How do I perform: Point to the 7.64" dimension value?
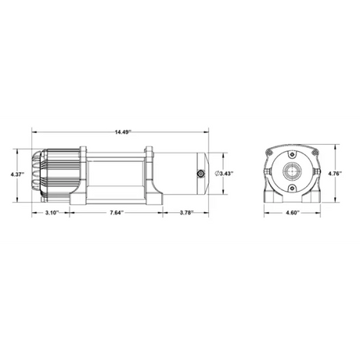point(117,212)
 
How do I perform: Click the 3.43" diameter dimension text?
point(225,173)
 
